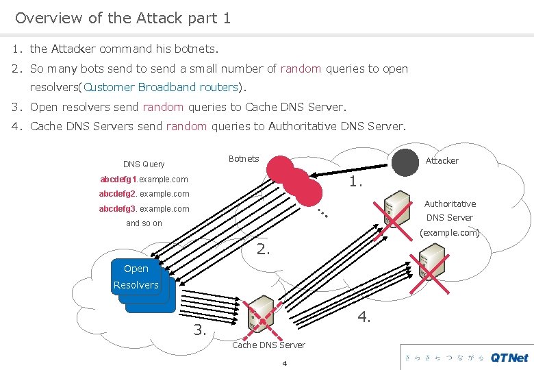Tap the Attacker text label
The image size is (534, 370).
click(442, 160)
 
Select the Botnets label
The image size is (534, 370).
click(244, 159)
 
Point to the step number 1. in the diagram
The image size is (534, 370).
click(356, 182)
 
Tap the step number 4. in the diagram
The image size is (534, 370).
click(364, 317)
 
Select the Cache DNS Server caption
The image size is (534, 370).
click(268, 345)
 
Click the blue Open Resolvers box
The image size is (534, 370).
click(136, 277)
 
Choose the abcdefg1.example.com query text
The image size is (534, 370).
click(144, 180)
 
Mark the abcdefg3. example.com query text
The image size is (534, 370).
click(144, 209)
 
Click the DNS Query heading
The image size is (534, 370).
click(144, 164)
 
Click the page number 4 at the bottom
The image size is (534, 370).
click(284, 362)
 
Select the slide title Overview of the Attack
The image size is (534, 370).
click(123, 18)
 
